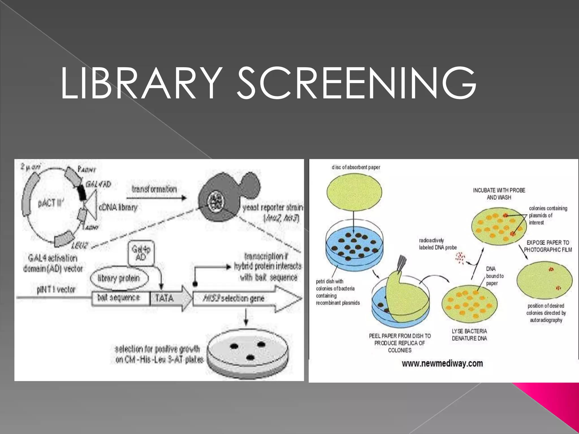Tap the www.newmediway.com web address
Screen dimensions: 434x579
(442, 363)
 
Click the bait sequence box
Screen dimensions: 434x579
(120, 298)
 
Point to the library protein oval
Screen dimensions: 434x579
(119, 278)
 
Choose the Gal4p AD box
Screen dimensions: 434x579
(141, 253)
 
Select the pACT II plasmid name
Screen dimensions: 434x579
(51, 203)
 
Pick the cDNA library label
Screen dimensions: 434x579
(118, 207)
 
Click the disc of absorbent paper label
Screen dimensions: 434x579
(356, 167)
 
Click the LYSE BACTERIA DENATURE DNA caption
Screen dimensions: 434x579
(469, 335)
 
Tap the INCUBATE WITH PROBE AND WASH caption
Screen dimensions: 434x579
(499, 194)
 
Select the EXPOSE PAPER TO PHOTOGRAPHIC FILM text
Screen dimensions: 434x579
(548, 246)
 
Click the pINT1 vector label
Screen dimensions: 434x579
(56, 290)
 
